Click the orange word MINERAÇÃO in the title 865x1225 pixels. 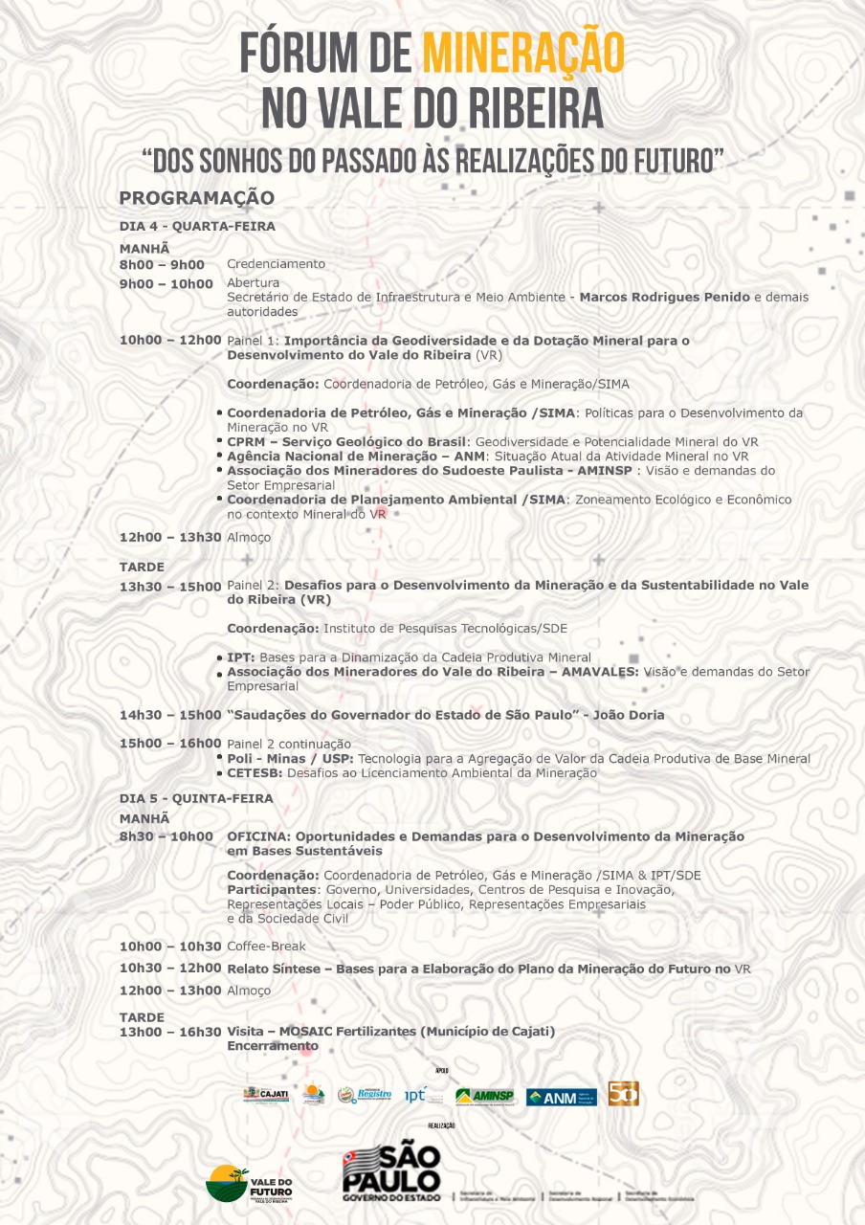522,53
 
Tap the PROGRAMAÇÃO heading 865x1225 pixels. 196,198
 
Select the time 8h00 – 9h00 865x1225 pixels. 162,264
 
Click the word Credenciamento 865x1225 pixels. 276,264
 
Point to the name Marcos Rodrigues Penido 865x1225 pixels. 664,298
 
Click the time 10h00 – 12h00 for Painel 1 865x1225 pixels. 170,340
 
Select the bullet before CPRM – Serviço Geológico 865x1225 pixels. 220,441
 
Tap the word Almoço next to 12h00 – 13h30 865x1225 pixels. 249,538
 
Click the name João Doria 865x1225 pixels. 628,715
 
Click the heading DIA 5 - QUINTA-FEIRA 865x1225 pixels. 196,798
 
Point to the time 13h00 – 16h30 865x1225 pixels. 170,1032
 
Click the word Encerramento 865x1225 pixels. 272,1046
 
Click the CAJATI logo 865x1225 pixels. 266,1095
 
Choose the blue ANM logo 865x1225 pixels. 561,1097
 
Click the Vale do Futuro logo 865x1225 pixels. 249,1184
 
